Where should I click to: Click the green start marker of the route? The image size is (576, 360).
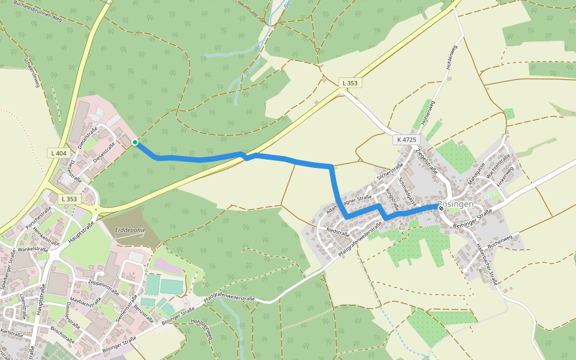(135, 142)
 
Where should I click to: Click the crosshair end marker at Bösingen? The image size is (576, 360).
(441, 207)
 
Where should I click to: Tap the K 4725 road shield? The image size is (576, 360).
(406, 139)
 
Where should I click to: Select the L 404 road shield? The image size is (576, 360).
(59, 154)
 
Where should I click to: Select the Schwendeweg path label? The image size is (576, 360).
(32, 73)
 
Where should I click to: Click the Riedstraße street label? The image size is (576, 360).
(338, 231)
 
